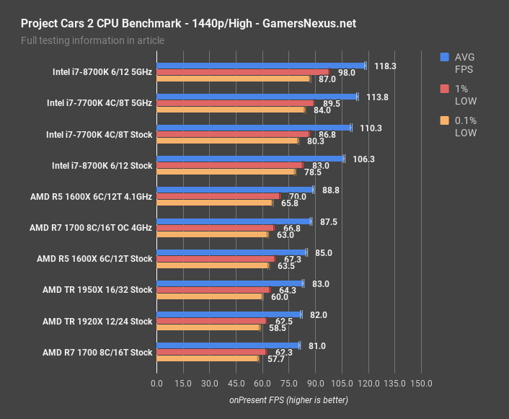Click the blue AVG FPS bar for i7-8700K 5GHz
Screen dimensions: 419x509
(261, 66)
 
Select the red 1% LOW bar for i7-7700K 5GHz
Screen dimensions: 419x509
(235, 103)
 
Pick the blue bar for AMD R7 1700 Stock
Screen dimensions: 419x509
(228, 345)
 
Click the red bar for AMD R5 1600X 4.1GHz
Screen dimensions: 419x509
(218, 196)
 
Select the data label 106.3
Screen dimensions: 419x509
(364, 159)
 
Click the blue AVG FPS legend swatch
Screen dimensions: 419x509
(445, 57)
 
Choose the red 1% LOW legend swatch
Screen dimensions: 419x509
(445, 88)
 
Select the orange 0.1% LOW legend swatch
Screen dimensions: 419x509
(445, 120)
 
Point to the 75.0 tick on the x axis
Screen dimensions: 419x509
(288, 383)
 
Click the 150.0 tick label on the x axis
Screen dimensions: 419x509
(421, 383)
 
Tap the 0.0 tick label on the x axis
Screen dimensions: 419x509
(156, 383)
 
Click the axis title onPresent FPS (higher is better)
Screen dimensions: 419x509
(289, 400)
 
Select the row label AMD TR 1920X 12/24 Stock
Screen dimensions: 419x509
(97, 321)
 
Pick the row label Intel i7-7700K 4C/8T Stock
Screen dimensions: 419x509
(99, 134)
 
